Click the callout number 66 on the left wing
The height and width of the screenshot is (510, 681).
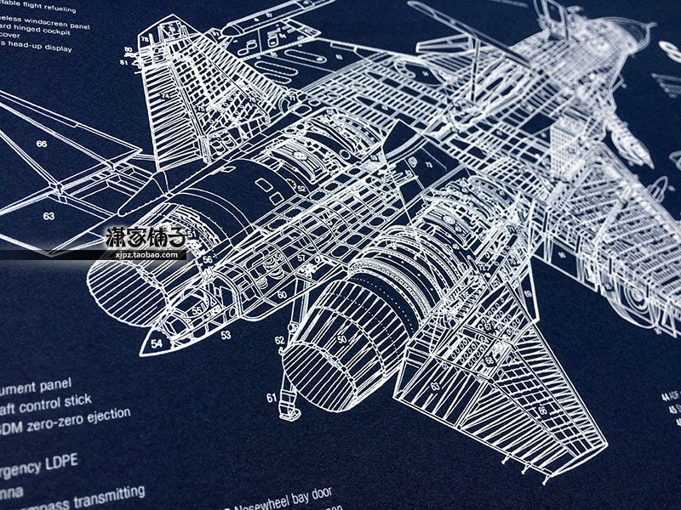click(42, 144)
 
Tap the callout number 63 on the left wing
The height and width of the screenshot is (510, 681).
click(49, 216)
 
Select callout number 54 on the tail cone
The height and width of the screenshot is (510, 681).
click(157, 343)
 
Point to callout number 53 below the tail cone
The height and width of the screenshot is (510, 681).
click(226, 335)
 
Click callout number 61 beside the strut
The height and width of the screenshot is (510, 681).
click(272, 397)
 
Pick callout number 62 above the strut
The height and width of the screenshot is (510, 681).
click(279, 340)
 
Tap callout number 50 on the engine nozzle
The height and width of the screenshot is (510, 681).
click(341, 339)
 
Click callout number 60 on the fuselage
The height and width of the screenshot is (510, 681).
click(282, 294)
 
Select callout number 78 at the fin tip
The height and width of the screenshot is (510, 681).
click(146, 38)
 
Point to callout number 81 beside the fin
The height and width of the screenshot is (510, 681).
click(125, 62)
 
